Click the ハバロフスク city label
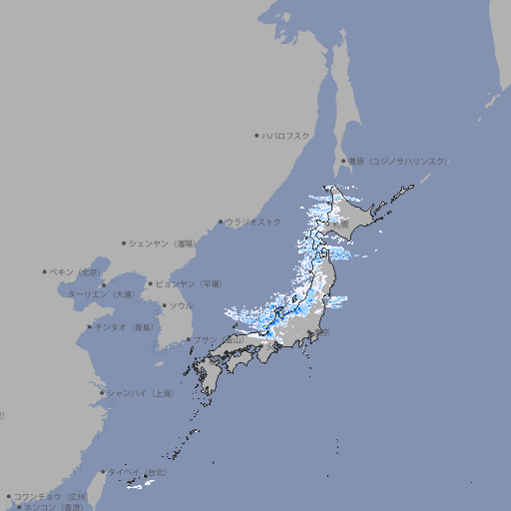(x=286, y=135)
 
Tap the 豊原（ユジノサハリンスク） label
(x=397, y=161)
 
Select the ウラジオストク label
(x=254, y=222)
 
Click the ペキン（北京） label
(x=76, y=271)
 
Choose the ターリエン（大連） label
(x=101, y=294)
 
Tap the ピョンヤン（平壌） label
(x=189, y=283)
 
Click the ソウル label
(x=181, y=305)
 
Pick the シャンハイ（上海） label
(x=140, y=393)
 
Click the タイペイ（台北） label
(x=137, y=471)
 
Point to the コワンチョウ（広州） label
(x=50, y=496)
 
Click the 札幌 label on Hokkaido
(x=341, y=226)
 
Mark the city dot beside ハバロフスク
(x=256, y=135)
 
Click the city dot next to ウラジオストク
(x=221, y=222)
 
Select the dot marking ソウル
(x=164, y=305)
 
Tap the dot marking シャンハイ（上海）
(x=102, y=393)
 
